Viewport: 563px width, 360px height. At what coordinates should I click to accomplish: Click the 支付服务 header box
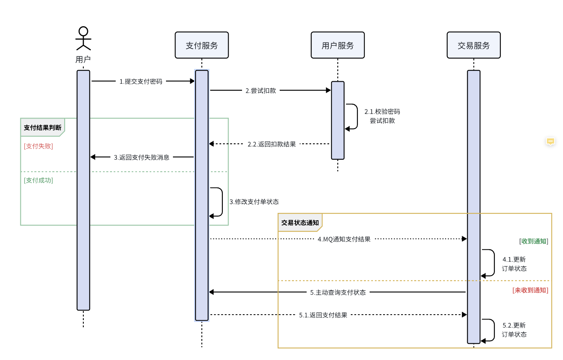coord(202,45)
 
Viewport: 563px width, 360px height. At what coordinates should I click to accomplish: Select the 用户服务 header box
coord(337,45)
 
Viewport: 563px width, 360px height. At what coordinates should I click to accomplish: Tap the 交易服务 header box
coord(473,45)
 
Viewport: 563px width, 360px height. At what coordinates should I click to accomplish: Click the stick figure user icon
coord(83,38)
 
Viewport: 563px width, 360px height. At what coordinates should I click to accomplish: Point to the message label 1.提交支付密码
coord(141,81)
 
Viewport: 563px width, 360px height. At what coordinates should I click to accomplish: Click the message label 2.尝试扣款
coord(260,90)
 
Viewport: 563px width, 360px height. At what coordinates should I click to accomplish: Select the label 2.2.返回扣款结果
coord(271,144)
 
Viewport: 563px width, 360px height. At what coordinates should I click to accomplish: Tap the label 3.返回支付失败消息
coord(141,157)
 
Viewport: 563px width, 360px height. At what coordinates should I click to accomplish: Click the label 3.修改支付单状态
coord(254,202)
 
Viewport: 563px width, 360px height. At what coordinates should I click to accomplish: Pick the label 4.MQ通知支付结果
coord(344,239)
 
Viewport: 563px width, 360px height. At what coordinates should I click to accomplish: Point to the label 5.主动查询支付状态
coord(338,293)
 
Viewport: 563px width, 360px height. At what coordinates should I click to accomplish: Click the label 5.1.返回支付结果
coord(323,315)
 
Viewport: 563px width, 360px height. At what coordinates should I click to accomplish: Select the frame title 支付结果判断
coord(43,127)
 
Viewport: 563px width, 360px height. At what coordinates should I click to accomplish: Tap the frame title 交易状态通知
coord(300,223)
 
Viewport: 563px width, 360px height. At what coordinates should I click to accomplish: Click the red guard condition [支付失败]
coord(38,146)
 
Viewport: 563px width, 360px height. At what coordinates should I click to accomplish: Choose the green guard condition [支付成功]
coord(38,181)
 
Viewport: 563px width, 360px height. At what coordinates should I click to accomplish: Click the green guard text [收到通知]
coord(534,241)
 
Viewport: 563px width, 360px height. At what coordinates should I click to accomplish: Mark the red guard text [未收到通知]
coord(530,290)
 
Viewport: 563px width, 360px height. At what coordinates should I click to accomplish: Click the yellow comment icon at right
coord(550,141)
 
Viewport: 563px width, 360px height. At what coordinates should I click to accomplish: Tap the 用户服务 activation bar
coord(338,120)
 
